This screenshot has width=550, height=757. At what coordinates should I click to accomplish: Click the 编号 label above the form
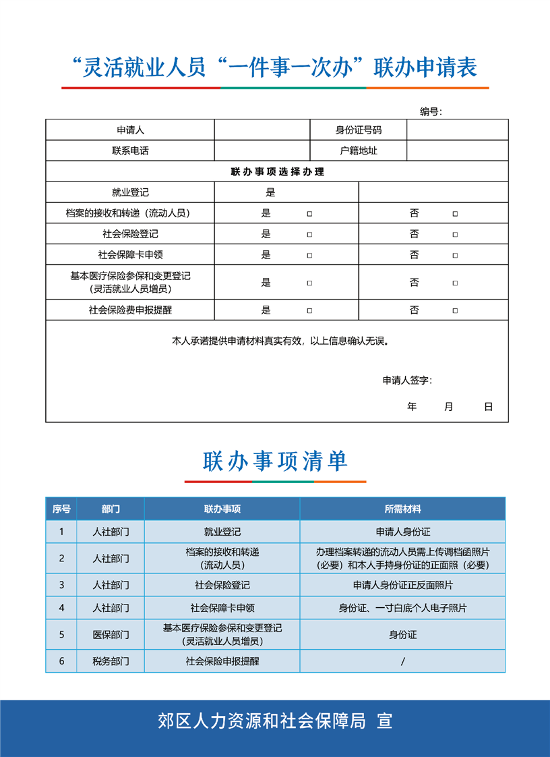pyautogui.click(x=431, y=112)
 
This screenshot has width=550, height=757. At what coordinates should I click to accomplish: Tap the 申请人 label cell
pyautogui.click(x=130, y=130)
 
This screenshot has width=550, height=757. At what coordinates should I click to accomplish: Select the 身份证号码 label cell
pyautogui.click(x=358, y=130)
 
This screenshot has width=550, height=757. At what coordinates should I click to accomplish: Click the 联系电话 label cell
pyautogui.click(x=130, y=150)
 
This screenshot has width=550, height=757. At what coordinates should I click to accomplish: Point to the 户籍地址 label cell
pyautogui.click(x=358, y=150)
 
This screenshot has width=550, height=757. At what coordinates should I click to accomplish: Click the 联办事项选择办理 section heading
pyautogui.click(x=277, y=172)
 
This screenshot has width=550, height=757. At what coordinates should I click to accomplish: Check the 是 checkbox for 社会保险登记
pyautogui.click(x=309, y=235)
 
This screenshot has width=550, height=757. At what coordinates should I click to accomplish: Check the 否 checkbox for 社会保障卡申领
pyautogui.click(x=455, y=256)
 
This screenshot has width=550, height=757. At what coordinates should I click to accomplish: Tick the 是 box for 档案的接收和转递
pyautogui.click(x=309, y=214)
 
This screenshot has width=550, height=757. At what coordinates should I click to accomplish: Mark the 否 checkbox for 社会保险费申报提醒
pyautogui.click(x=455, y=311)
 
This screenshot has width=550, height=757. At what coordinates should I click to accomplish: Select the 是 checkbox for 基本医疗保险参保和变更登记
pyautogui.click(x=309, y=283)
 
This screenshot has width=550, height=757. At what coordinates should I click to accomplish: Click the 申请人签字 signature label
pyautogui.click(x=407, y=381)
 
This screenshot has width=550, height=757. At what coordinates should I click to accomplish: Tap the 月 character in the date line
pyautogui.click(x=449, y=407)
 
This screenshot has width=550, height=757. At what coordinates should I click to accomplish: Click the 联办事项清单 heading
pyautogui.click(x=275, y=461)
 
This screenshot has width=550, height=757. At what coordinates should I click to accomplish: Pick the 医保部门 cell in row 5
pyautogui.click(x=111, y=635)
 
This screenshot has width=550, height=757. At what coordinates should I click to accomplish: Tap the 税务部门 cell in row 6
pyautogui.click(x=111, y=661)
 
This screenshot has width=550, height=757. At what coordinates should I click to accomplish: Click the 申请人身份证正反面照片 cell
pyautogui.click(x=402, y=585)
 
